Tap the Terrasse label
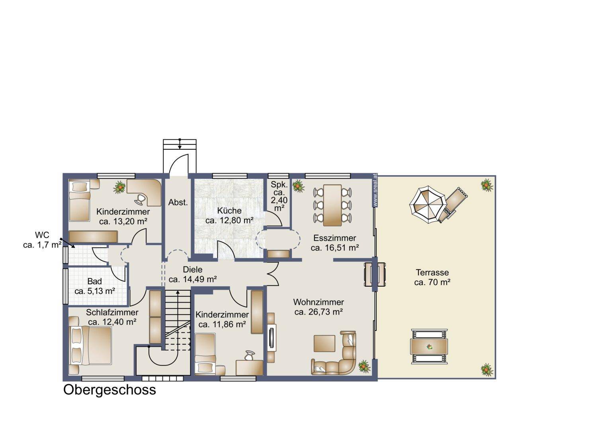pos(432,272)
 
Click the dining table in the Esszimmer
pos(332,205)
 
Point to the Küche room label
pos(229,211)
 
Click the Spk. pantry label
pos(279,185)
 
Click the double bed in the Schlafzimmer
pos(90,346)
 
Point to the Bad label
pos(95,281)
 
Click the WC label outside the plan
pos(42,235)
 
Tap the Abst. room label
pos(178,203)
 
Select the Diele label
pos(193,270)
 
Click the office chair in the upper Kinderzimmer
pos(140,199)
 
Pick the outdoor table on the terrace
pos(429,347)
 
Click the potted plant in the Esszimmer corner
pos(298,186)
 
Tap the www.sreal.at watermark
pos(375,190)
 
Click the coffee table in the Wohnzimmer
pos(325,343)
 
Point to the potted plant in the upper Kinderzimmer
pos(119,187)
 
